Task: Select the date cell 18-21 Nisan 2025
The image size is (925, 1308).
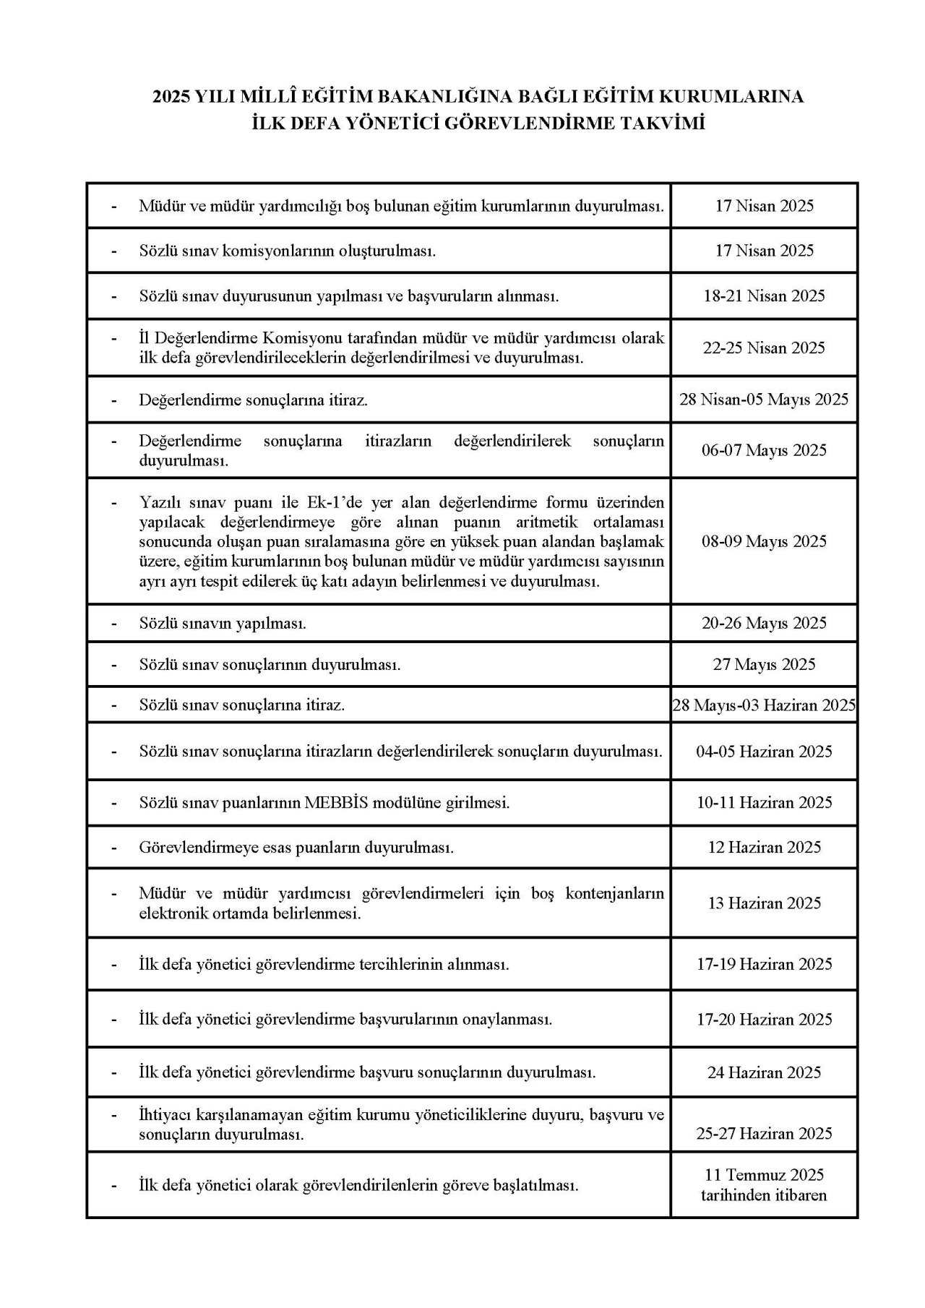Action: (764, 296)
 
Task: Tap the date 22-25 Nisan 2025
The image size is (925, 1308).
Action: (764, 348)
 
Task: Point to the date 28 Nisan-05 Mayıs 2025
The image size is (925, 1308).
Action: (764, 399)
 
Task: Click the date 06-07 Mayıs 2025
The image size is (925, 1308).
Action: (764, 450)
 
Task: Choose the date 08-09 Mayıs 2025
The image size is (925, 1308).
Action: (764, 541)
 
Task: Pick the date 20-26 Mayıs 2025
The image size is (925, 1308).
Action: (764, 623)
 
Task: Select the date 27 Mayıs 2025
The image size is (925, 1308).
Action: (764, 664)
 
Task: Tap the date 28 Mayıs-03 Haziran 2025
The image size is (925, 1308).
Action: (764, 705)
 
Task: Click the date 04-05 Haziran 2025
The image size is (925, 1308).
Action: (764, 752)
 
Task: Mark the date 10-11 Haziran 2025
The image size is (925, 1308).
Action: (764, 802)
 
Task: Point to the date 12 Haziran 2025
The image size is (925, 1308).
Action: (764, 847)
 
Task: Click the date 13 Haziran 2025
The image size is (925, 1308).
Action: (764, 903)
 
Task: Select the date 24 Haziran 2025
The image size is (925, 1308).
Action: (764, 1072)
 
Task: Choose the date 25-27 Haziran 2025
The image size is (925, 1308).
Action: (764, 1133)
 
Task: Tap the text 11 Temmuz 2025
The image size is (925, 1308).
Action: (764, 1175)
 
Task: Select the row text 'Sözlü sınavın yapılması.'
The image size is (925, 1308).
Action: (223, 623)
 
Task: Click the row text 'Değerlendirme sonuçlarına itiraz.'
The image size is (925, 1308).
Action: (253, 399)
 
